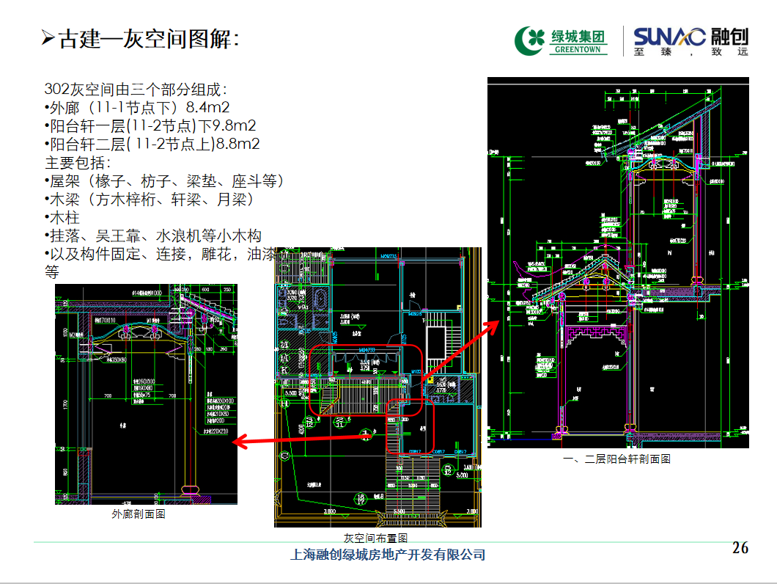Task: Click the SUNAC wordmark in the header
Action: point(669,36)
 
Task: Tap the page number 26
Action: point(740,548)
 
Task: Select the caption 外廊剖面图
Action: point(139,514)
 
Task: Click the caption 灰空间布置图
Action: point(376,538)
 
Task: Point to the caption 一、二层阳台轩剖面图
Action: point(616,459)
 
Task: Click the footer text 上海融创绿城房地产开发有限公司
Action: point(388,555)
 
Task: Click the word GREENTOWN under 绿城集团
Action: point(577,50)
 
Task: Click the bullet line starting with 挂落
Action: point(153,236)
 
